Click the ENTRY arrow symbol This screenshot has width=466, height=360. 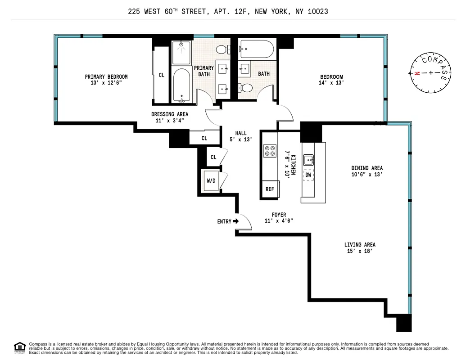(235, 221)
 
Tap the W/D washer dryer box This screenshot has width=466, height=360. (211, 181)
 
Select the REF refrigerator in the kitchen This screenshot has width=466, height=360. (270, 189)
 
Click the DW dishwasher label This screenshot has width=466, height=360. (308, 175)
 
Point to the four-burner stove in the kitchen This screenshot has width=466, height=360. (270, 151)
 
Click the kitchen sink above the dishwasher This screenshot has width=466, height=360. (309, 160)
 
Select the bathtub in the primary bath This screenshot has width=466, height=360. (182, 85)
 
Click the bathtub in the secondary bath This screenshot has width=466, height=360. (256, 49)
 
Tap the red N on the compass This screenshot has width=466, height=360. (417, 73)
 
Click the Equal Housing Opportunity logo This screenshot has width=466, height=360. (20, 346)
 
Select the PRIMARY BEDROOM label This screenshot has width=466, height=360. (106, 76)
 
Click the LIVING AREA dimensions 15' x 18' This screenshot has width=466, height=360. (360, 251)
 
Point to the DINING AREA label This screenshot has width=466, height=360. (367, 168)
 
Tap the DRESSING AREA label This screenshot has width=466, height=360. (170, 114)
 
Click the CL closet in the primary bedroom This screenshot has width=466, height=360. (161, 75)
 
